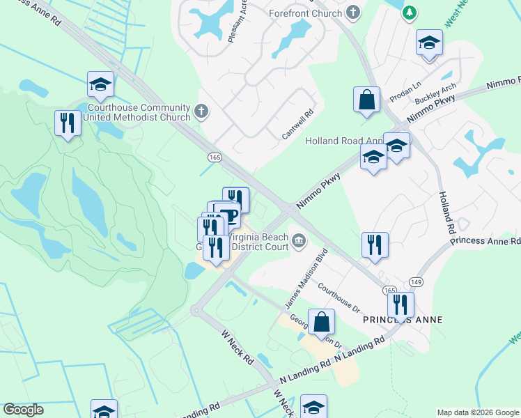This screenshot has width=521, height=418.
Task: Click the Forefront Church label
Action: [x=306, y=13]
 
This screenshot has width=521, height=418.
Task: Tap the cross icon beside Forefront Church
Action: [x=354, y=13]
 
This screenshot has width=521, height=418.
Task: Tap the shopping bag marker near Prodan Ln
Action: [x=366, y=100]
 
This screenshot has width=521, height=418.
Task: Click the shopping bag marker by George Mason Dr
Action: [x=321, y=323]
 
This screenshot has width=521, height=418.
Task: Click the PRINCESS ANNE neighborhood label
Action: [x=402, y=320]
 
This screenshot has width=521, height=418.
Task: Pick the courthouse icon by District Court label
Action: [x=299, y=241]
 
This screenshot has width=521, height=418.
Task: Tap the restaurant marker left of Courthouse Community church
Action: [x=68, y=124]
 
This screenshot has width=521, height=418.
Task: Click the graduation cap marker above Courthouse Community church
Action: [x=101, y=85]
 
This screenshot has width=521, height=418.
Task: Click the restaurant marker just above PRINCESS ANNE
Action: [x=401, y=305]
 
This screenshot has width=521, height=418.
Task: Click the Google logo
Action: [x=23, y=410]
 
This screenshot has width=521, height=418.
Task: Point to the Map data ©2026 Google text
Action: [x=477, y=412]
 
